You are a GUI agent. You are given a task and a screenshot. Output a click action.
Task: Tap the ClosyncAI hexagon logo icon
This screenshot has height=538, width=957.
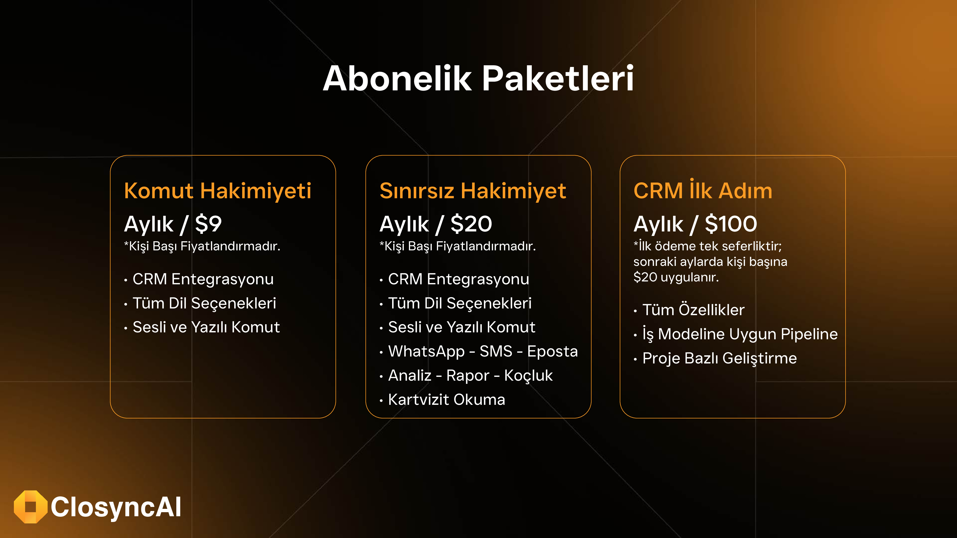click(x=30, y=507)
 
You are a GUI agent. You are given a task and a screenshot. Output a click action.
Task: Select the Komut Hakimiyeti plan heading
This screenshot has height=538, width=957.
click(x=217, y=191)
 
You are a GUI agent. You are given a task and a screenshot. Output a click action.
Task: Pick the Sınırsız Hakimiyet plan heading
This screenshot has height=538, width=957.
click(x=473, y=191)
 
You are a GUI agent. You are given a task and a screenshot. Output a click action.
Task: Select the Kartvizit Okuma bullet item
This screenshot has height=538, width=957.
click(x=446, y=400)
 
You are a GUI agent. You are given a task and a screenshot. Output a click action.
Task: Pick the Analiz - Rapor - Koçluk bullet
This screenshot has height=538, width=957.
click(x=470, y=375)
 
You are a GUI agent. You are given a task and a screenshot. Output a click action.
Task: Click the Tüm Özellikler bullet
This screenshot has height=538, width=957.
click(x=693, y=310)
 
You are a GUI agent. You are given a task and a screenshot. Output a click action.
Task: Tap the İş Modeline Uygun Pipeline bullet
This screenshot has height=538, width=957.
click(x=740, y=334)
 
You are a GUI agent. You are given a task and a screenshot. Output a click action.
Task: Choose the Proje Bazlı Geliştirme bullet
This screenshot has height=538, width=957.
click(x=720, y=358)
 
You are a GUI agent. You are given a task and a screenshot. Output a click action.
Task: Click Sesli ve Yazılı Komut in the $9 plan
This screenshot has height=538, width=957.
click(x=206, y=327)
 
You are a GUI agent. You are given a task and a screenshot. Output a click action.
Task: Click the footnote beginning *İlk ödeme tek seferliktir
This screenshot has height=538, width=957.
click(x=710, y=261)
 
